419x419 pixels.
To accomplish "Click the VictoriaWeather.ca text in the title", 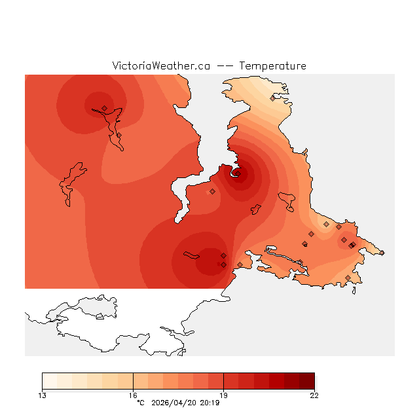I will [x=161, y=66].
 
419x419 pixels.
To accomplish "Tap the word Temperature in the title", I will [x=272, y=66].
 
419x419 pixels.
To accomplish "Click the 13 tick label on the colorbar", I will [x=42, y=395].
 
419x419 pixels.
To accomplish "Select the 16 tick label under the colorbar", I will [x=133, y=395].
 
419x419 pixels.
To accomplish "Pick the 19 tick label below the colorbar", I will [x=223, y=395].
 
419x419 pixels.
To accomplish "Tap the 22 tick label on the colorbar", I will [x=314, y=395].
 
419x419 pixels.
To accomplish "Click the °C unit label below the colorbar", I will [x=140, y=403].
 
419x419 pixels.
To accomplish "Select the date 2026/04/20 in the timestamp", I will [x=176, y=403].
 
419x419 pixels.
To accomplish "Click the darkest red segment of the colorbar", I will [x=307, y=381].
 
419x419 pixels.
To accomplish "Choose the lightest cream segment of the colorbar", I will [x=49, y=381].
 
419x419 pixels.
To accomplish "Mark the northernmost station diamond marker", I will [x=273, y=98].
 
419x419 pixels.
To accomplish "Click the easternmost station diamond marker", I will [x=382, y=253].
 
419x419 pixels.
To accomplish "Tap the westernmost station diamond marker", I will [x=104, y=108].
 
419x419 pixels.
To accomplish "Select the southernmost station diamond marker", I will [x=348, y=278].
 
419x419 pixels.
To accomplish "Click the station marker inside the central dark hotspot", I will [x=237, y=173].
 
